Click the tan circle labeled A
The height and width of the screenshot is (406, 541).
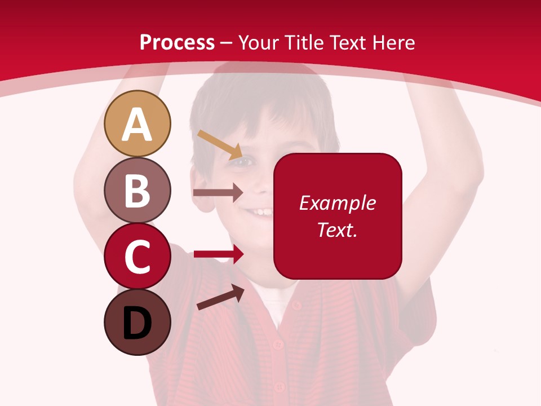[137, 123]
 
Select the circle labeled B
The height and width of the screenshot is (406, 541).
[137, 190]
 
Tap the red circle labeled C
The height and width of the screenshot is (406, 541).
[137, 256]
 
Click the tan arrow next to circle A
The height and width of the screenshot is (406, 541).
[220, 144]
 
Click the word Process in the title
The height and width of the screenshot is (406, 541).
[177, 43]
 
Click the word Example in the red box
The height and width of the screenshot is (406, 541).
[338, 203]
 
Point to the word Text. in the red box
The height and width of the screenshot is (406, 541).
[337, 230]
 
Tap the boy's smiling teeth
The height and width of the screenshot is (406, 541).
[261, 213]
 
